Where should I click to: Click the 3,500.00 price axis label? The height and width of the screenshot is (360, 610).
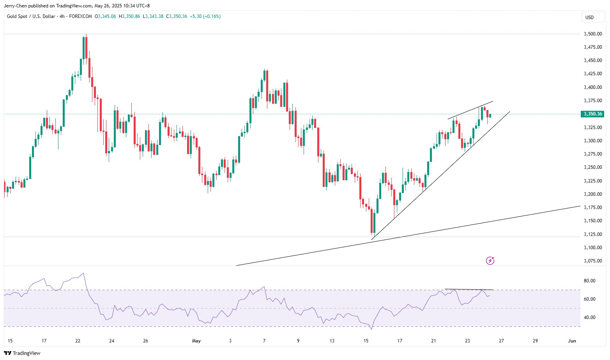click(592, 34)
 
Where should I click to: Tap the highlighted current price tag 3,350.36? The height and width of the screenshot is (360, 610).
click(592, 114)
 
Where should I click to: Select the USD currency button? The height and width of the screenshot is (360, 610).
click(589, 17)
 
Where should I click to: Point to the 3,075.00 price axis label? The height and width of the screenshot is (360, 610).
click(592, 261)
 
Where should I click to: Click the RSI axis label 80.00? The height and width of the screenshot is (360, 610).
click(589, 281)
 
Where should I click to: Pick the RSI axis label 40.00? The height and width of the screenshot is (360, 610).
click(589, 317)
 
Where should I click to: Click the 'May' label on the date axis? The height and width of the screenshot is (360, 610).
click(196, 341)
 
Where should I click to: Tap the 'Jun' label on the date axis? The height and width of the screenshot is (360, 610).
click(572, 341)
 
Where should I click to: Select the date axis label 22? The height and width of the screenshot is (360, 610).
click(78, 341)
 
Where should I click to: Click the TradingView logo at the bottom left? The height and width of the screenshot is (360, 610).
click(22, 353)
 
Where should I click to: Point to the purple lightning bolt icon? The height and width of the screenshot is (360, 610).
click(490, 261)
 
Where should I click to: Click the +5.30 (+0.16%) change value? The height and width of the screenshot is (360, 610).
click(205, 16)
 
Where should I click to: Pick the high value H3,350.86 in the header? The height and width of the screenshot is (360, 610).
click(129, 16)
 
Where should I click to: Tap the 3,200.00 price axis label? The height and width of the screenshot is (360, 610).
click(592, 194)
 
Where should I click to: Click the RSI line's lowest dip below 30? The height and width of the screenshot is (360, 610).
click(371, 329)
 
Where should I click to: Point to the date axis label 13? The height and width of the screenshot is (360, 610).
click(332, 341)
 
